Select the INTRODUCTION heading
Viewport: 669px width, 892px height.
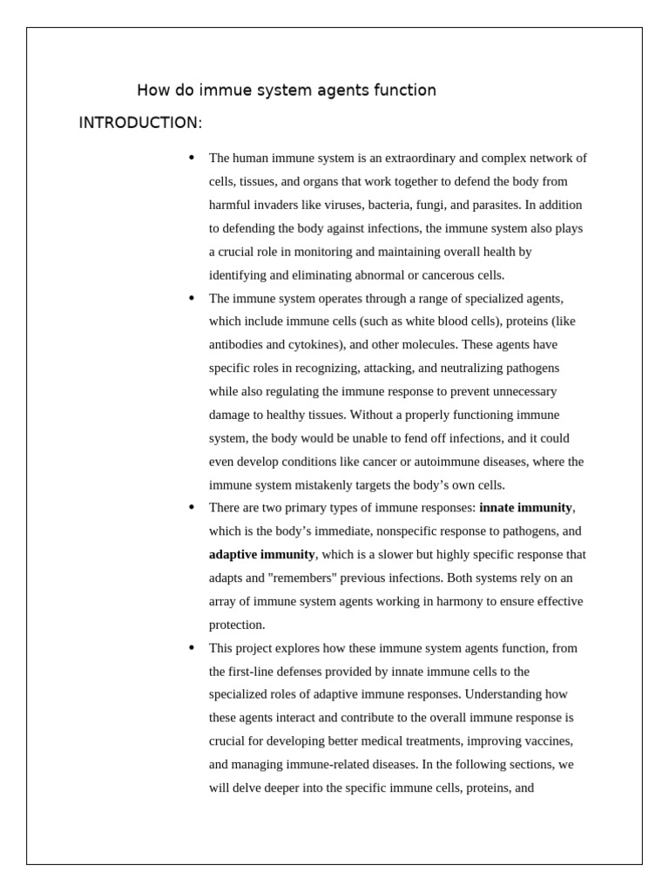139,123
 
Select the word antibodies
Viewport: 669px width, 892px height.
238,345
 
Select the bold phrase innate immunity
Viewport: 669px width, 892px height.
525,508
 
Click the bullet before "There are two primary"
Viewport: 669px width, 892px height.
192,508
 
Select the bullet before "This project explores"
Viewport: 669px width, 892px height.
192,648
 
